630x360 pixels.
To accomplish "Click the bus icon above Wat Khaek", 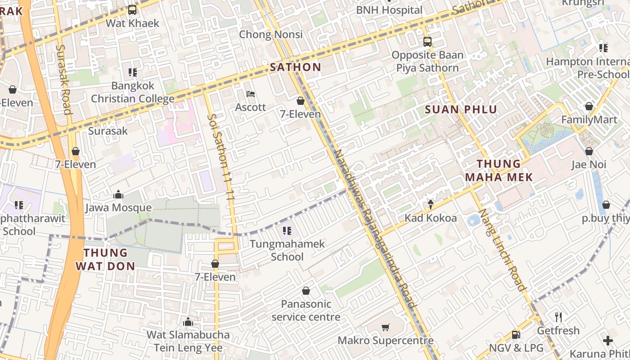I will coord(132,9).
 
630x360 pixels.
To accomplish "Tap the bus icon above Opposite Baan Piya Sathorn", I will coord(427,42).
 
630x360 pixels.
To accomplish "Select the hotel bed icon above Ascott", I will coord(251,94).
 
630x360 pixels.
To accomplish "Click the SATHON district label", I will coord(295,67).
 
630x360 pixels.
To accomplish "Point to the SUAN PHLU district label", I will coord(461,109).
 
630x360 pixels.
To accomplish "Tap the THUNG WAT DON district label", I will coord(105,259).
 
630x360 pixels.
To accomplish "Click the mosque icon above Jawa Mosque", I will coord(118,194).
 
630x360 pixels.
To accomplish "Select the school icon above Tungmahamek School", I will coord(287,231).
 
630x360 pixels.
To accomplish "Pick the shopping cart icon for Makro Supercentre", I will coord(385,327).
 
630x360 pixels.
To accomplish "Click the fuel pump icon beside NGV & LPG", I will coord(516,335).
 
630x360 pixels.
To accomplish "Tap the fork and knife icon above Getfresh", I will coord(558,317).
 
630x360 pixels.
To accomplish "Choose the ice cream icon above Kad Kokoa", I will coord(431,205).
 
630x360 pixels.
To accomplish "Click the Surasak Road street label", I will coord(64,79).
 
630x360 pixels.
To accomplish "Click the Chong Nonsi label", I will coord(270,34).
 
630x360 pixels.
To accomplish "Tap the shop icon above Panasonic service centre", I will coord(306,291).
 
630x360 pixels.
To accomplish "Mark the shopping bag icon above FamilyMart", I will coord(589,107).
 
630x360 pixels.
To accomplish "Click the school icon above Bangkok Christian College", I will coord(132,72).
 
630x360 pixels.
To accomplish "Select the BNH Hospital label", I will coord(389,10).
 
